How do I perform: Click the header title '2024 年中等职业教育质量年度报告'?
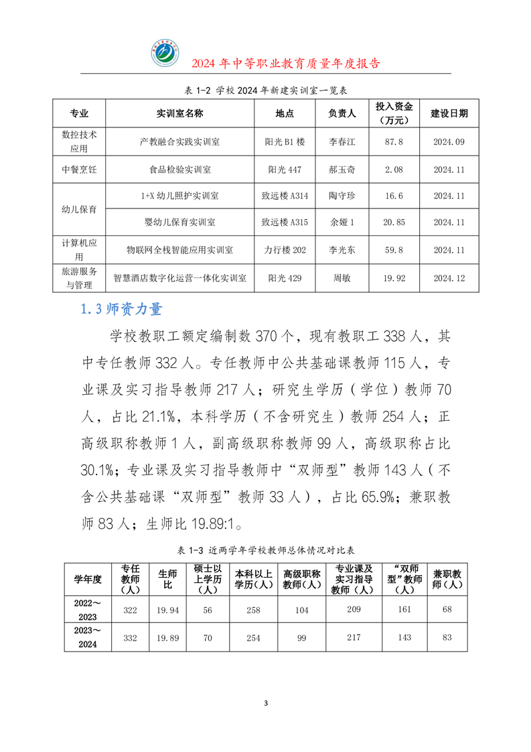pos(286,64)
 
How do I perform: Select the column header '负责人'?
pos(342,114)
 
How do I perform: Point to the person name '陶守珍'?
pos(342,196)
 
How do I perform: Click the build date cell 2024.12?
pos(449,277)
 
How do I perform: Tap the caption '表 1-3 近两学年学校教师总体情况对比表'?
pos(264,550)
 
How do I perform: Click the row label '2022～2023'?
pos(86,611)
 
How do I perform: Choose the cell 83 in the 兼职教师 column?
pos(447,637)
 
